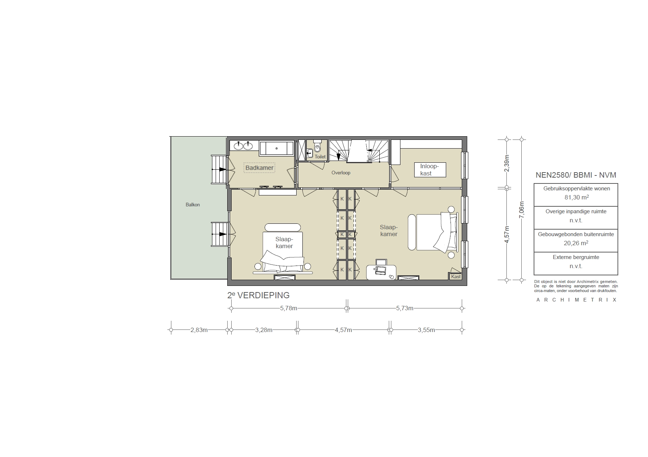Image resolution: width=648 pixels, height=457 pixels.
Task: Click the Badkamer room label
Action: [x=259, y=168]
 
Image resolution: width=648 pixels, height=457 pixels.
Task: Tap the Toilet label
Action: [x=320, y=157]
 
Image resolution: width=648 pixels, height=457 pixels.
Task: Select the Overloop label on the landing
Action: [x=341, y=173]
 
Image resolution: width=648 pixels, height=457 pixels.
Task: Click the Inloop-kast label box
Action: [x=430, y=170]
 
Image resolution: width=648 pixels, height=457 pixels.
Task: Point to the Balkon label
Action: [x=193, y=205]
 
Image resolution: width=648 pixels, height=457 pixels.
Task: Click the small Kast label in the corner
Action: [x=456, y=276]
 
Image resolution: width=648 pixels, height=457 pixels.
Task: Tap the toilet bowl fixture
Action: [x=318, y=148]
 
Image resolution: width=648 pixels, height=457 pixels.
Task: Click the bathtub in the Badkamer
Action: [x=277, y=149]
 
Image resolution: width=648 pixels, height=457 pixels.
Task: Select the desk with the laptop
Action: [x=381, y=272]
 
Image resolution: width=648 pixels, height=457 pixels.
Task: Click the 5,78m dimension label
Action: [x=289, y=308]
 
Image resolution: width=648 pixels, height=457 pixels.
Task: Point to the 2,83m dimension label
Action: [x=199, y=330]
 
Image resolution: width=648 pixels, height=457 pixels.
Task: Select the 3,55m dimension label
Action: [x=426, y=330]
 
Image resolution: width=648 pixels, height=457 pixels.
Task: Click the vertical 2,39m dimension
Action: [x=507, y=163]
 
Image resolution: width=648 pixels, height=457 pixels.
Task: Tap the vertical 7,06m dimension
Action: [x=522, y=210]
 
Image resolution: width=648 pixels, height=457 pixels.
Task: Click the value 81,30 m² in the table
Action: [x=576, y=198]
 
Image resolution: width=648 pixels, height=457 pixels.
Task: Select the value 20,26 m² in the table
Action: [x=576, y=243]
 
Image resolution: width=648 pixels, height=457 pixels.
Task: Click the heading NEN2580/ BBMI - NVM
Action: [x=576, y=175]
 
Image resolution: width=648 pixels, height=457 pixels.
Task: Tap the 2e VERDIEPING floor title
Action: [x=258, y=295]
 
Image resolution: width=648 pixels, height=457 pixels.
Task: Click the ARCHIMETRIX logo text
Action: [x=576, y=300]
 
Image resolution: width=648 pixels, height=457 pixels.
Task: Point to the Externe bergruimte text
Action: [x=576, y=257]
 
